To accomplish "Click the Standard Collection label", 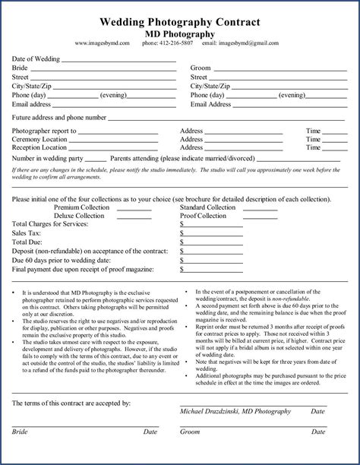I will (x=207, y=207).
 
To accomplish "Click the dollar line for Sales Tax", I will (x=213, y=235).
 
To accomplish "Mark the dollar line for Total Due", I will (x=213, y=243).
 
